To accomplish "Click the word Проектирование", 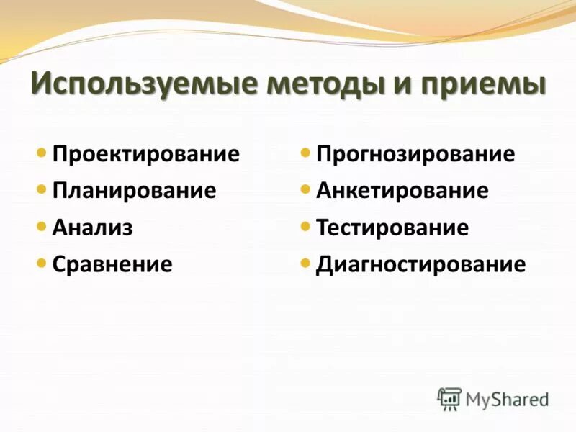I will click(145, 154).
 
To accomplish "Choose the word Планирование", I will click(134, 191).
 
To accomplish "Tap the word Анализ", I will click(92, 228).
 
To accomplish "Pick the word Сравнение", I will click(112, 264).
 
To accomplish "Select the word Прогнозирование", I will click(415, 154).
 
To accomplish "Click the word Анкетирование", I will click(402, 191).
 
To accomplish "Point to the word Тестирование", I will click(392, 228).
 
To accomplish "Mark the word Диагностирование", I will click(420, 264).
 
